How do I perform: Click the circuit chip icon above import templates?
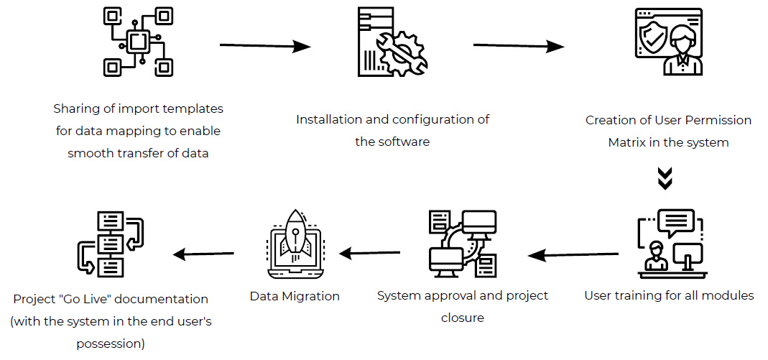click(138, 41)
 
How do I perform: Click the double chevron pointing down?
click(665, 178)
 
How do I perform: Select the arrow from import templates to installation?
click(265, 47)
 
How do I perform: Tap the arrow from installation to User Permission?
click(519, 47)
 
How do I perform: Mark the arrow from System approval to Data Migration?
click(369, 253)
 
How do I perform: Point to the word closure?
click(462, 318)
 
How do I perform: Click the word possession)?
click(111, 343)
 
